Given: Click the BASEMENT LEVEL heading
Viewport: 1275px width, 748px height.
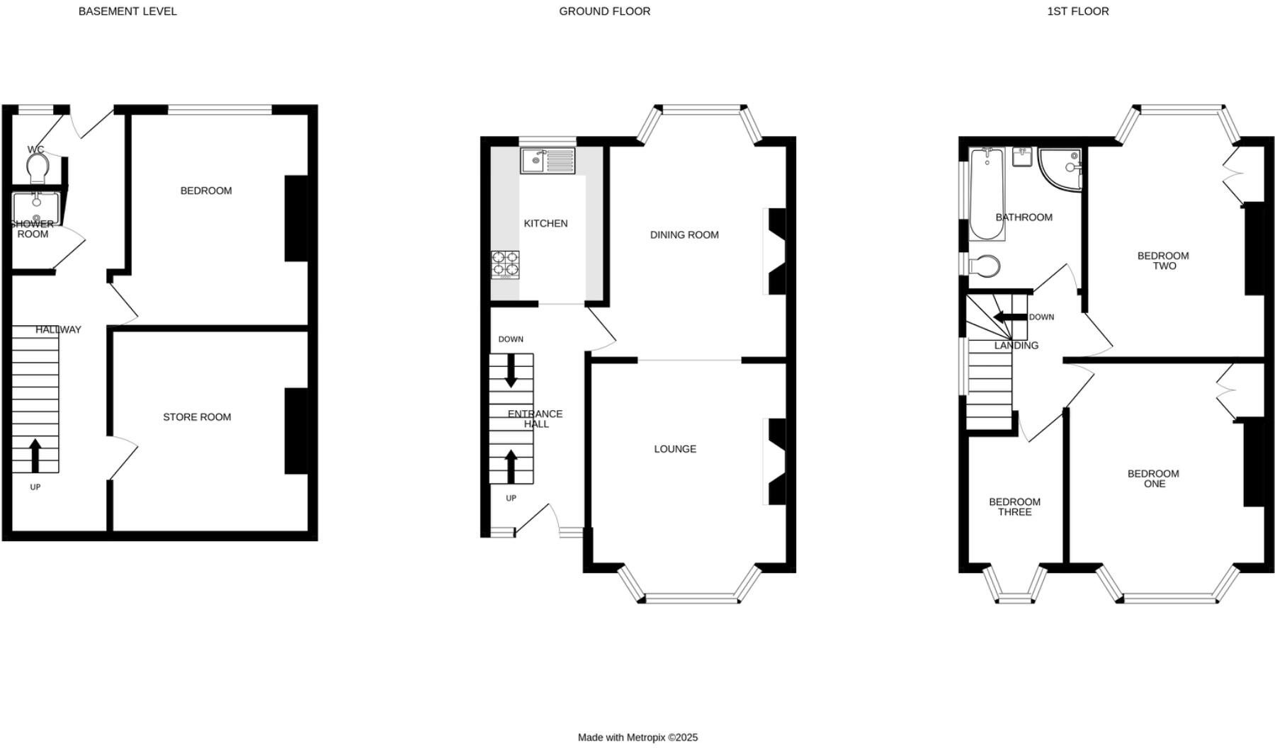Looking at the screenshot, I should click(127, 11).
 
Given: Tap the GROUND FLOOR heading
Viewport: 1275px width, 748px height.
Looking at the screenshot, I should click(604, 11).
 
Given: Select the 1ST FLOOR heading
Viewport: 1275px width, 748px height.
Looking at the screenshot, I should click(1077, 11).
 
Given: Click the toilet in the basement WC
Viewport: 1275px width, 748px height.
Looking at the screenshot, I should click(38, 168).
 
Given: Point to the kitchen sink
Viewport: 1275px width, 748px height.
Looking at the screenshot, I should click(548, 161).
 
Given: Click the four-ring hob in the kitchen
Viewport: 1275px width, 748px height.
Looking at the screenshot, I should click(505, 264).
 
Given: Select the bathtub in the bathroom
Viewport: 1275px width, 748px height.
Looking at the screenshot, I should click(986, 193).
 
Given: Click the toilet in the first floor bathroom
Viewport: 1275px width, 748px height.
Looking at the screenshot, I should click(984, 266).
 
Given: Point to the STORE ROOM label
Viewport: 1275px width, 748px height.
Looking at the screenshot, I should click(197, 417).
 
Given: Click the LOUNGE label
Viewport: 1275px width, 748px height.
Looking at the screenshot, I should click(675, 449).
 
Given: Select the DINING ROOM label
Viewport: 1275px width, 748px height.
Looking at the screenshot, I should click(684, 235).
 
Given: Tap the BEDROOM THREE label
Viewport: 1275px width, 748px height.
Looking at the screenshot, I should click(1014, 507).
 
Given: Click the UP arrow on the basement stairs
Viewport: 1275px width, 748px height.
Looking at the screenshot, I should click(35, 455).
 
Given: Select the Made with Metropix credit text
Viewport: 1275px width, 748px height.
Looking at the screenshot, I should click(637, 737).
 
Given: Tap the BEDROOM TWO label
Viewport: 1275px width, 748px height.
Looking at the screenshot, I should click(1163, 261).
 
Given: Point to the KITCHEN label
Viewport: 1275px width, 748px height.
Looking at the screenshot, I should click(545, 224).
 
